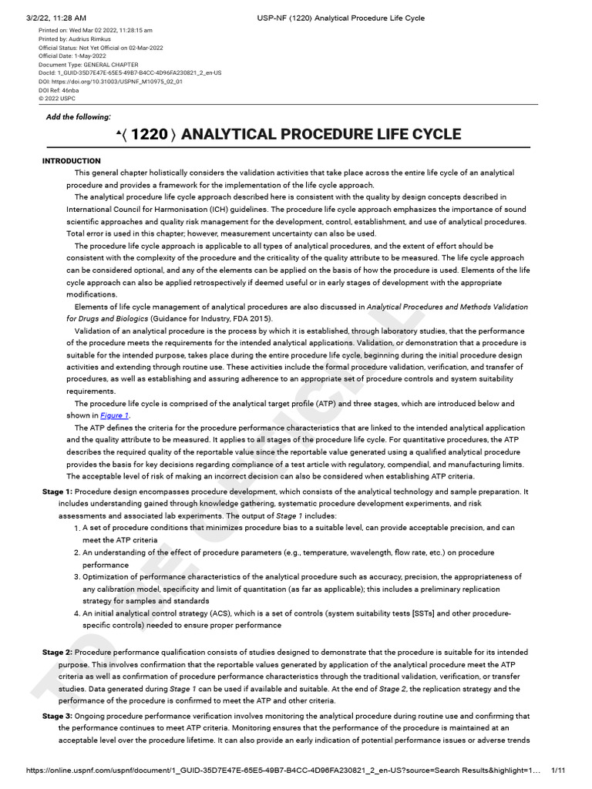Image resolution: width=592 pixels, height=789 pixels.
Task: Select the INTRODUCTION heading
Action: [71, 160]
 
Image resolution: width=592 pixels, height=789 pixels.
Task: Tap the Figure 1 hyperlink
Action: [115, 415]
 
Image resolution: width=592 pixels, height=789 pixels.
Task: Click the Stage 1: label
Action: [57, 492]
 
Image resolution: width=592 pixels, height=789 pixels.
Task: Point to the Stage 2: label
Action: [57, 653]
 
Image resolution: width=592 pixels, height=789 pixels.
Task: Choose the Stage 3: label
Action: [57, 716]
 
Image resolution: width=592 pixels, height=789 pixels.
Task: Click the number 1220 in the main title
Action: [150, 134]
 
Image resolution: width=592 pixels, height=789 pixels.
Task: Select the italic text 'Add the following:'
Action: [79, 116]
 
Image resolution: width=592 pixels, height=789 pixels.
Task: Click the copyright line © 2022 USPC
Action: [58, 99]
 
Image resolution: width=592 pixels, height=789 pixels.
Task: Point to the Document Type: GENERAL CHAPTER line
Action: [89, 64]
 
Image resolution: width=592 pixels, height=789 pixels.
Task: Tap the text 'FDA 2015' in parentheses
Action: [252, 318]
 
